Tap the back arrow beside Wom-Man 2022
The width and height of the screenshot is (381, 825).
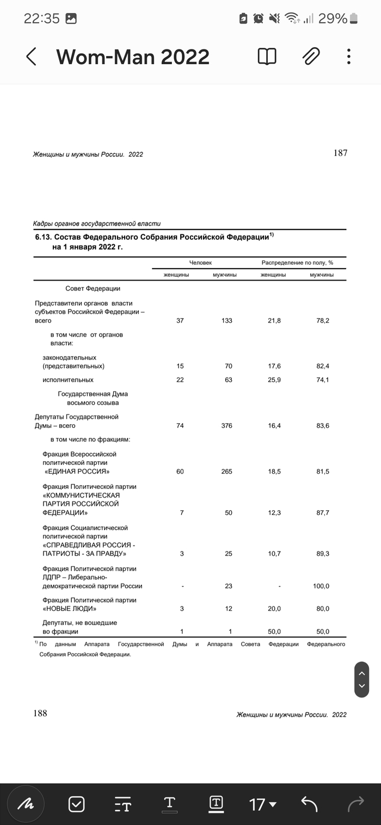coord(32,57)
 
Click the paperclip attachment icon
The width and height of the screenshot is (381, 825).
coord(311,56)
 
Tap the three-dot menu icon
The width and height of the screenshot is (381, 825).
coord(348,56)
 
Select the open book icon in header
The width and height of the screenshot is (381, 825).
coord(267,56)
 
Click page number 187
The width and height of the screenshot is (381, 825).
coord(340,153)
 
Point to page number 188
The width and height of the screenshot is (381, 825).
coord(40,713)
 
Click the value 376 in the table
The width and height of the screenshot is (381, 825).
coord(226,426)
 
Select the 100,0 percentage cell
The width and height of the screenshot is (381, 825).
coord(322,586)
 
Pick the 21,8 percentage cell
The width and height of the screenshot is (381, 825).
coord(274,321)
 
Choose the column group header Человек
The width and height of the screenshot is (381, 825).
coord(200,263)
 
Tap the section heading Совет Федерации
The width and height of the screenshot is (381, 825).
coord(93,288)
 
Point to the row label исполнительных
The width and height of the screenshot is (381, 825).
coord(68,380)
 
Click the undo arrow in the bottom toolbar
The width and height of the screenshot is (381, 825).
coord(309,804)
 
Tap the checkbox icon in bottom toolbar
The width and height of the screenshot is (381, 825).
coord(76,804)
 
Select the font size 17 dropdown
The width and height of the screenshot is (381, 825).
coord(262,804)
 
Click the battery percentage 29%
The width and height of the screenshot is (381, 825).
coord(333,18)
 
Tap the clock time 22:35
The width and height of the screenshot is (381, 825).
coord(41,18)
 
